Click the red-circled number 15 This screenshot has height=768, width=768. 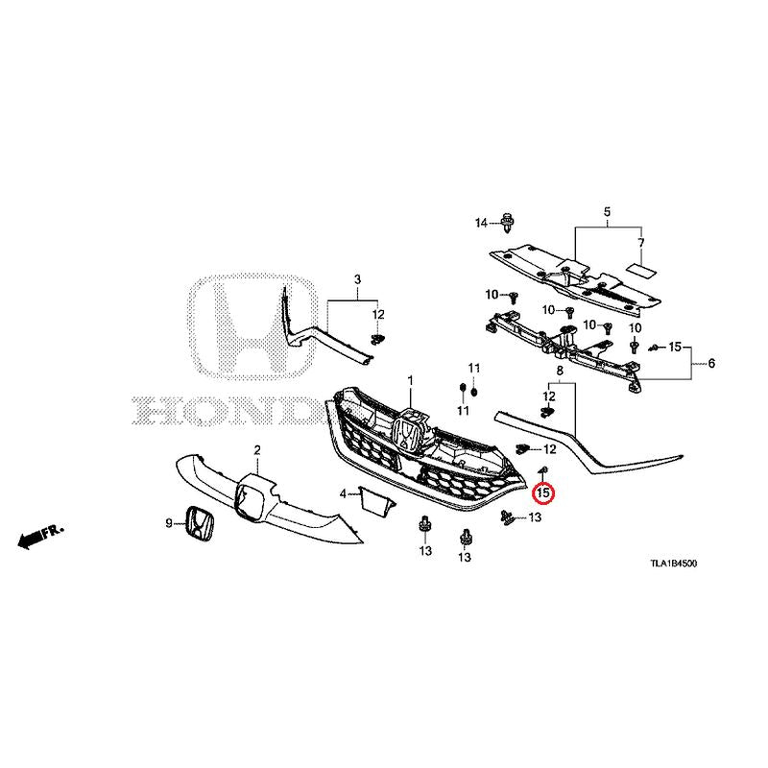pos(543,492)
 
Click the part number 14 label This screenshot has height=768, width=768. pos(481,224)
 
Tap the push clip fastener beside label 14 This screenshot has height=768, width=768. pos(506,224)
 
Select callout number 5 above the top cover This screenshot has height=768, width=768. pos(607,212)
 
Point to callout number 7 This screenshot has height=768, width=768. pos(640,243)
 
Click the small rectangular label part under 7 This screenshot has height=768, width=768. pos(642,269)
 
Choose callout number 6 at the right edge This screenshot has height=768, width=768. pos(711,363)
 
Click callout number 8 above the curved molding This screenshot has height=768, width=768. pos(560,371)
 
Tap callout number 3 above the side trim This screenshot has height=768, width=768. pos(357,279)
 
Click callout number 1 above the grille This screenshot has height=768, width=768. pos(411,380)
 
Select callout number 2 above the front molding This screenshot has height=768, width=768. pos(257,449)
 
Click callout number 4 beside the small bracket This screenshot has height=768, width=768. pos(343,493)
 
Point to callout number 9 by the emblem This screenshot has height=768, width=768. pos(169,523)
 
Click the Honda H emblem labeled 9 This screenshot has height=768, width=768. pos(200,523)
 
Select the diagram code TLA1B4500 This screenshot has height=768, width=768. pos(673,564)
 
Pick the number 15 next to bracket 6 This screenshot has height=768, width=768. pos(675,347)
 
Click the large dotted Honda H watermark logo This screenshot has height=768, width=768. pos(252,326)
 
